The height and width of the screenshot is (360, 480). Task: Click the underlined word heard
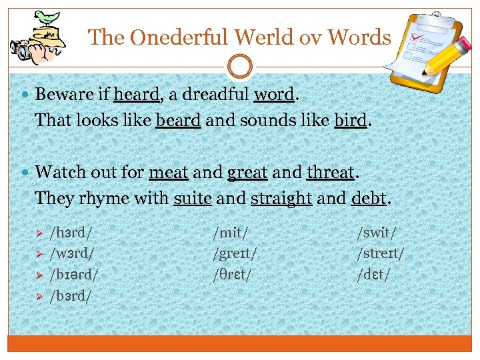137,95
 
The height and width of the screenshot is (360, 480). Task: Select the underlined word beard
178,121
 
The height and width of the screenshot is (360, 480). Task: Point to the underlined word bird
351,121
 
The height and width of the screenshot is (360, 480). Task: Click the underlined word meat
169,173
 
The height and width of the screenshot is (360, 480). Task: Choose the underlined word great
247,173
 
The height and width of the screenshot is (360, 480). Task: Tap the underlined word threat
330,173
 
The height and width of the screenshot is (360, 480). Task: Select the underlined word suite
192,199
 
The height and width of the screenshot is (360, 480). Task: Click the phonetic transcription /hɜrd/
71,233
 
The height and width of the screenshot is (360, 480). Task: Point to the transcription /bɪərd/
75,274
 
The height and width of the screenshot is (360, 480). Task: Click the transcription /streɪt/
381,253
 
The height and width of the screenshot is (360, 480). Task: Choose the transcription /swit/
377,233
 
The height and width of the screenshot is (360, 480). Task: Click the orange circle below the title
240,67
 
